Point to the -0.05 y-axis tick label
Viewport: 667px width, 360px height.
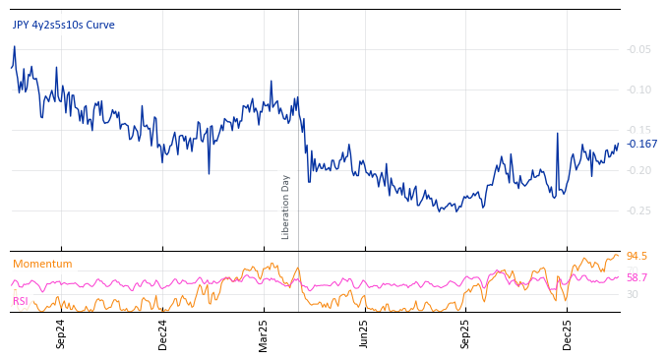point(638,49)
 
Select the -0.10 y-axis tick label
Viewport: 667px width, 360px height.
point(638,90)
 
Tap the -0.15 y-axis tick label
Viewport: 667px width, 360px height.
point(638,130)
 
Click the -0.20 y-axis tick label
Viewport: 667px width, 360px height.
point(638,170)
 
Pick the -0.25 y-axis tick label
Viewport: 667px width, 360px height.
point(638,210)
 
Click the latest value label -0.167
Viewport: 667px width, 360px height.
point(642,144)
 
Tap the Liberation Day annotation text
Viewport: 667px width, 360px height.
point(286,207)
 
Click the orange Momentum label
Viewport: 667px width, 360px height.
point(42,264)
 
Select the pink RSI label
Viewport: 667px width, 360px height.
point(21,301)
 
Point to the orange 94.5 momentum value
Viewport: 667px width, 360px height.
point(637,257)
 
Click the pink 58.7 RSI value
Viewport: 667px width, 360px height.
point(637,278)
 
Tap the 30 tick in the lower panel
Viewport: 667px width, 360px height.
point(633,294)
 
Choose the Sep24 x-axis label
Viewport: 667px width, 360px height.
point(61,333)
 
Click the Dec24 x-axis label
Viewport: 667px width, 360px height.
point(163,333)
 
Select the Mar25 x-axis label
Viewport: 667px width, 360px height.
point(264,333)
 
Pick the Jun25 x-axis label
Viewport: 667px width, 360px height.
point(365,333)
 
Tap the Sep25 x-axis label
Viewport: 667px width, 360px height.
point(466,333)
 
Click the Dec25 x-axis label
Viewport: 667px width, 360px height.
point(568,333)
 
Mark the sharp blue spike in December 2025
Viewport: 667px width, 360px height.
point(558,134)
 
